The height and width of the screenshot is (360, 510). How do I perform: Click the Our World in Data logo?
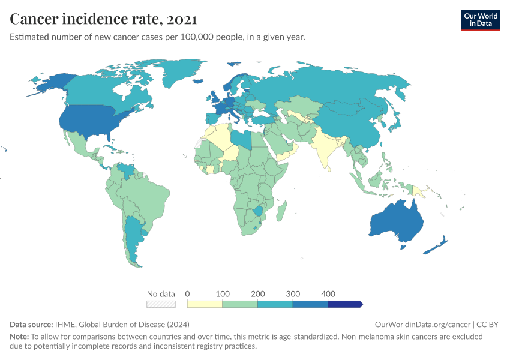click(480, 20)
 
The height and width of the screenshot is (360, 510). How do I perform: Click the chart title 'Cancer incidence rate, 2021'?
click(103, 19)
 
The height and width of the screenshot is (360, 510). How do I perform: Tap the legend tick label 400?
click(328, 294)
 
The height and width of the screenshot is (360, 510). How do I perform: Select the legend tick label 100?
click(223, 294)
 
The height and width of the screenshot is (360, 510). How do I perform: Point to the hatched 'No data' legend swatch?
click(161, 304)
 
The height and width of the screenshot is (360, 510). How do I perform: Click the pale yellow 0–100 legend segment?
click(205, 304)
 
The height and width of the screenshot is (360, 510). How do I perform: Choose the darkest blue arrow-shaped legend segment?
click(345, 304)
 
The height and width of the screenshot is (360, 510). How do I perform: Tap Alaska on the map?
click(48, 84)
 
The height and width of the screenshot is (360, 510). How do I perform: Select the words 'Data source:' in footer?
click(31, 324)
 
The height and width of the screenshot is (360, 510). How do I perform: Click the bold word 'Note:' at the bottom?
click(20, 337)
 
